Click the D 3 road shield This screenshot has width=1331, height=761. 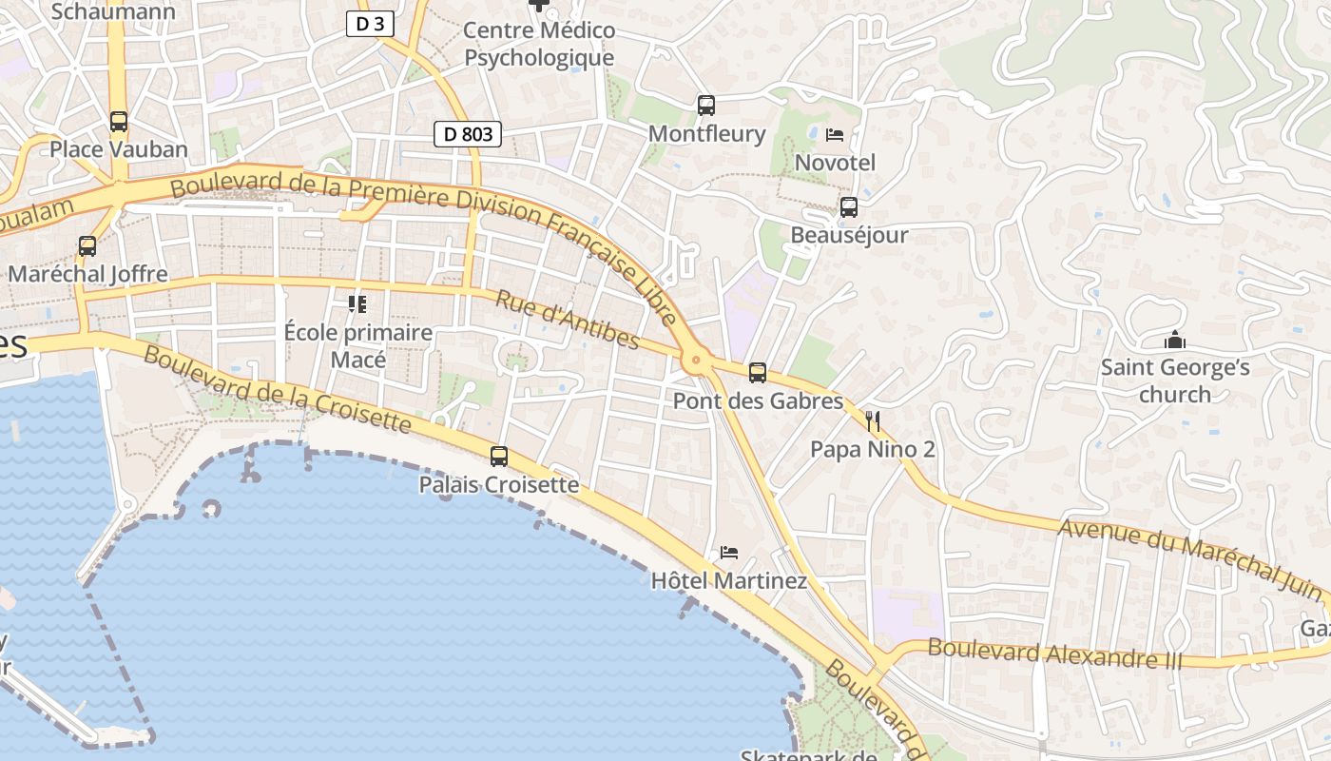tap(370, 24)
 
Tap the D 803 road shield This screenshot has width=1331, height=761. tap(468, 134)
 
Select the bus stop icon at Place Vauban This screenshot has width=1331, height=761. tap(119, 122)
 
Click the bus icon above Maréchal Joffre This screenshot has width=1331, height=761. tap(87, 246)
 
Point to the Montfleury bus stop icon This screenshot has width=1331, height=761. tap(705, 106)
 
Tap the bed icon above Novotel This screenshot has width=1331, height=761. tap(835, 135)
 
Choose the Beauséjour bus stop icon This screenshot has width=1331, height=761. tap(849, 206)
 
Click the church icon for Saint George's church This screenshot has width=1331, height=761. tap(1175, 340)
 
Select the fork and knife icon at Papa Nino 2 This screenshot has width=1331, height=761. tap(873, 420)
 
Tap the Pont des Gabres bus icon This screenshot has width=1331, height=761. tap(758, 373)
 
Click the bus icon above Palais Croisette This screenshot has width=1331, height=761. tap(499, 457)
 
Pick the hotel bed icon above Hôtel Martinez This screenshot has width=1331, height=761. tap(729, 552)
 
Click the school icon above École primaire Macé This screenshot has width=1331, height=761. tap(357, 304)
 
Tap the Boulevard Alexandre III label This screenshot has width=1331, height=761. tap(1054, 654)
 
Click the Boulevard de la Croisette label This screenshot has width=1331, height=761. tap(278, 389)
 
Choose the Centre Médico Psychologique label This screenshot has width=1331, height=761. tap(539, 44)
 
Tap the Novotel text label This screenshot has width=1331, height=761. tap(835, 163)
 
